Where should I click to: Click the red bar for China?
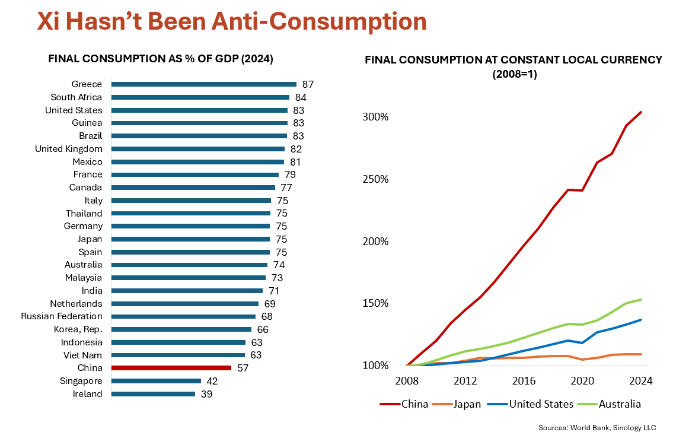point(171,368)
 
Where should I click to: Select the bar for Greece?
point(203,84)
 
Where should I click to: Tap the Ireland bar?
point(153,394)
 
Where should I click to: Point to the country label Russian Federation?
point(62,316)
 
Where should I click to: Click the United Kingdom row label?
point(69,149)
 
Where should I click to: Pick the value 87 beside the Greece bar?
point(307,84)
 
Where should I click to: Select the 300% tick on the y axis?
point(375,117)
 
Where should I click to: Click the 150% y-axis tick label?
point(375,303)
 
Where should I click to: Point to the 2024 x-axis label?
point(640,381)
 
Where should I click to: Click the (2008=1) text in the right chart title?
point(513,75)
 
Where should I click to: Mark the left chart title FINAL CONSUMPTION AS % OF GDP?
point(160,59)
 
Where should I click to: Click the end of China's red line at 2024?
point(641,112)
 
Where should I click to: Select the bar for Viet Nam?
point(178,355)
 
